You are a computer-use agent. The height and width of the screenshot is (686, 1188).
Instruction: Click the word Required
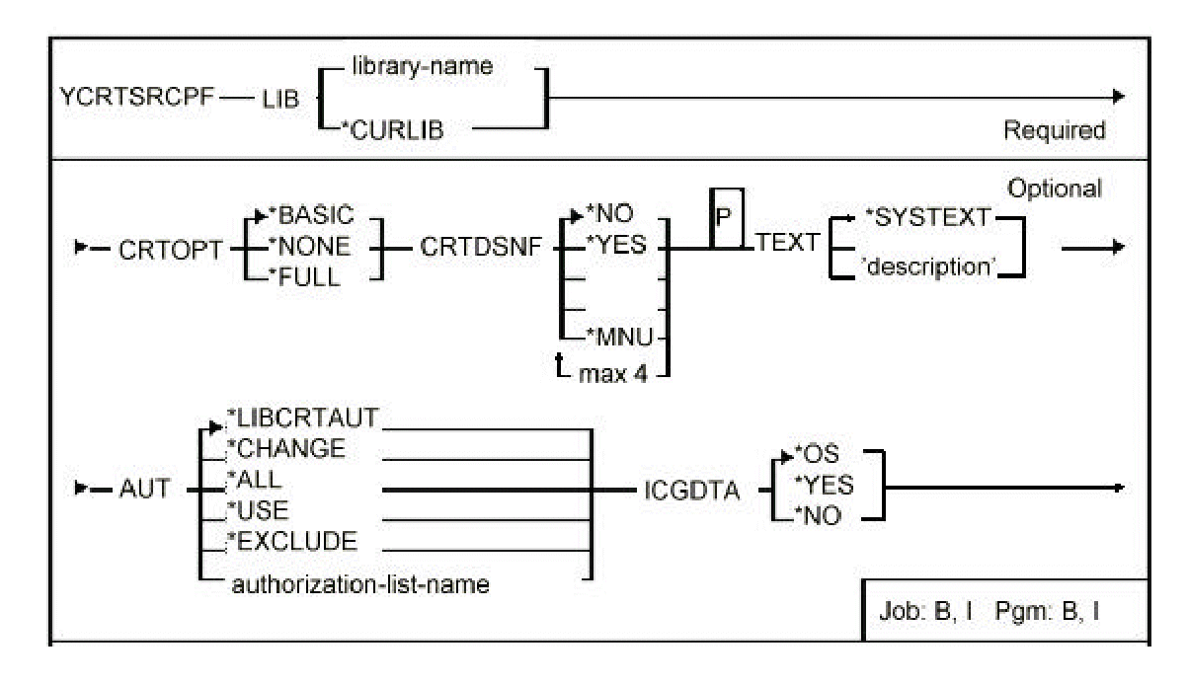[1054, 130]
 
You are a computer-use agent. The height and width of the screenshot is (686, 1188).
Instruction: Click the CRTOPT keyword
[160, 250]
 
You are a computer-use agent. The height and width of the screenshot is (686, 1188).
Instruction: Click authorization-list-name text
[359, 583]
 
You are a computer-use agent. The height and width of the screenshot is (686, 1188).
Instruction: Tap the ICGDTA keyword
[688, 490]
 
